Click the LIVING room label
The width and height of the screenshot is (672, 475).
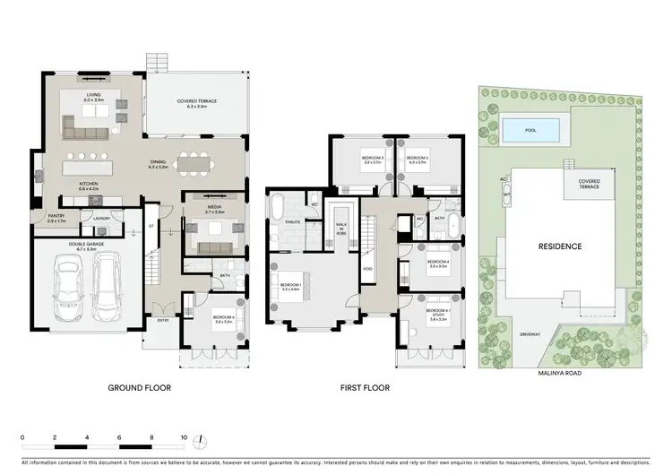click(94, 97)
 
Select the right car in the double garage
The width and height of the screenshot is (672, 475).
click(107, 285)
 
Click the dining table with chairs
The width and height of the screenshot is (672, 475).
click(194, 164)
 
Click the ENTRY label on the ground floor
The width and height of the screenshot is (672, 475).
click(162, 320)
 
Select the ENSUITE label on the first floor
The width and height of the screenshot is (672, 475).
click(291, 220)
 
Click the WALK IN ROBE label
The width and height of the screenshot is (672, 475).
click(341, 228)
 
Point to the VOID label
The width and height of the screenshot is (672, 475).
click(367, 268)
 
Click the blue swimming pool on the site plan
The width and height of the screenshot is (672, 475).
click(534, 131)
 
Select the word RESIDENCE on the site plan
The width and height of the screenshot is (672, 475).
click(559, 246)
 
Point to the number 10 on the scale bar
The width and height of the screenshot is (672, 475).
click(185, 438)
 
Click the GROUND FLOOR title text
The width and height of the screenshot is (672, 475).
click(139, 388)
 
